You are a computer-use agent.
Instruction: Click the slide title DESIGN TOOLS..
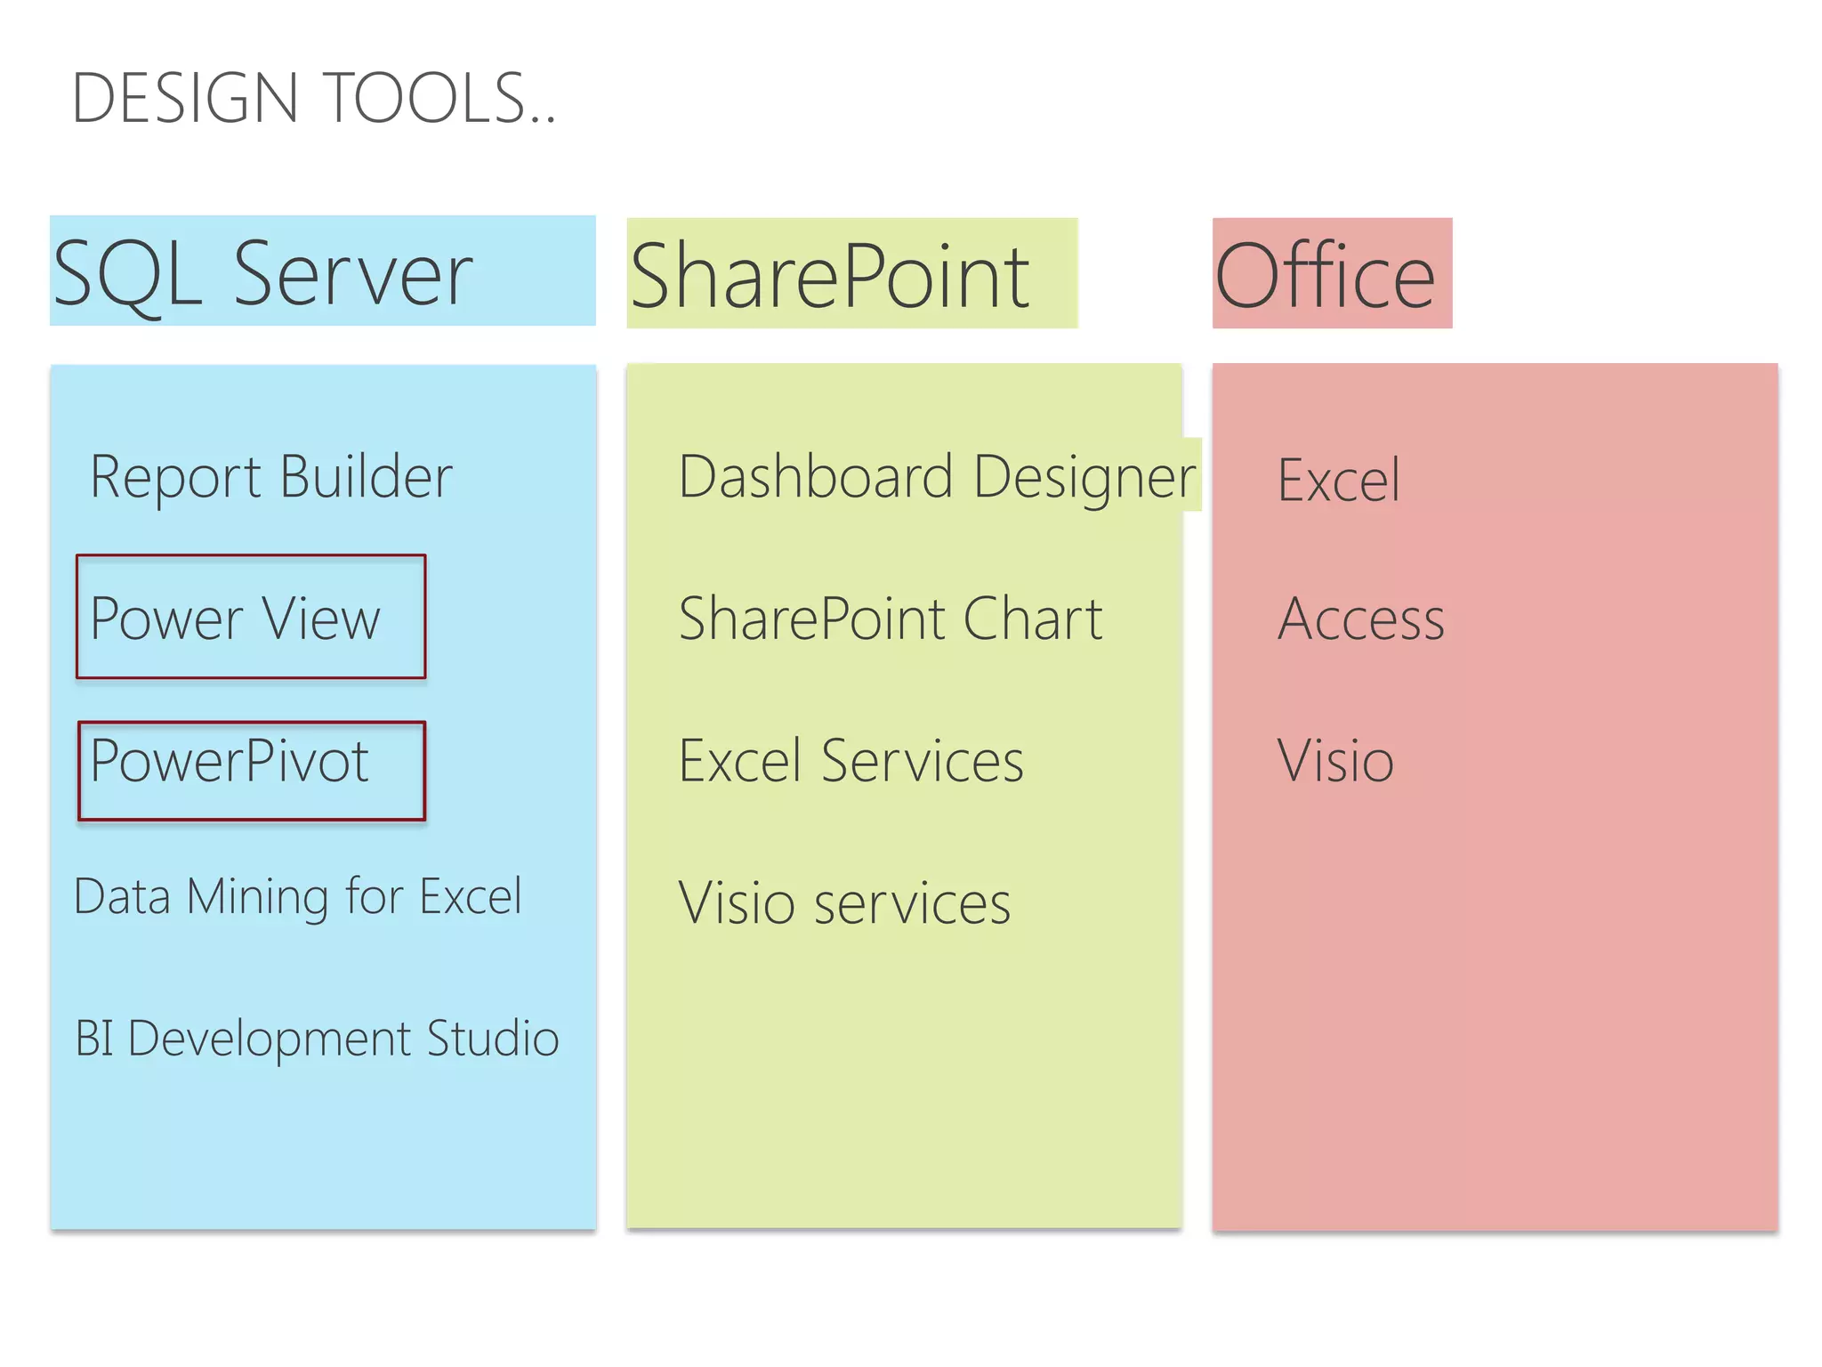[313, 98]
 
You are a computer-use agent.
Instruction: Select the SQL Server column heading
[263, 273]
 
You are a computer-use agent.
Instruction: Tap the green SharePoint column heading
[829, 276]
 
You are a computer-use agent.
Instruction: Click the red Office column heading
[1326, 276]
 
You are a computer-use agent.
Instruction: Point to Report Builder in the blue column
[271, 478]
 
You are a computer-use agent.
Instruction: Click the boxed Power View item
[236, 618]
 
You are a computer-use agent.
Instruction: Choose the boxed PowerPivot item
[230, 762]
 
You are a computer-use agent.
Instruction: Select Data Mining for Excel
[298, 896]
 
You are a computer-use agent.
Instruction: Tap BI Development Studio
[317, 1039]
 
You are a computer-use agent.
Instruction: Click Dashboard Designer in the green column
[937, 478]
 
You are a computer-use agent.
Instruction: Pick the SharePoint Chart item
[891, 619]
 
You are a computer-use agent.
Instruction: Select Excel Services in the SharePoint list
[851, 762]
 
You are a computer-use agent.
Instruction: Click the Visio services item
[844, 903]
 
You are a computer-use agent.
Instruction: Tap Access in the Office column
[1361, 619]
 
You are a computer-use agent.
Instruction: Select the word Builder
[366, 478]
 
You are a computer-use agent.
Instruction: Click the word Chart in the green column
[1032, 619]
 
